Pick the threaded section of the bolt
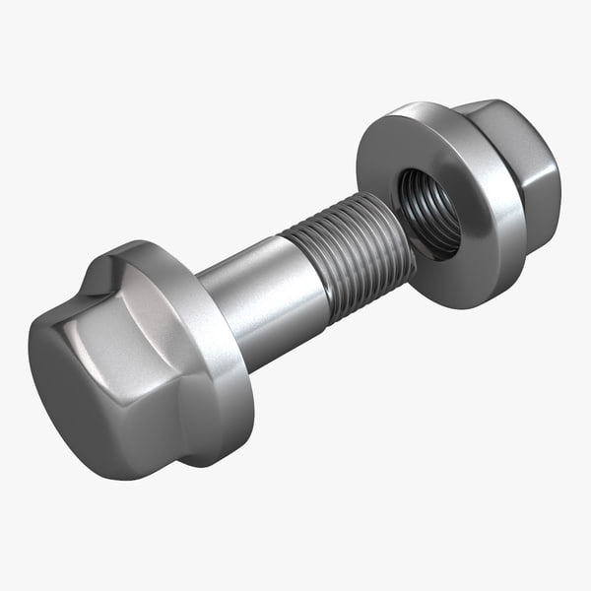[350, 261]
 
